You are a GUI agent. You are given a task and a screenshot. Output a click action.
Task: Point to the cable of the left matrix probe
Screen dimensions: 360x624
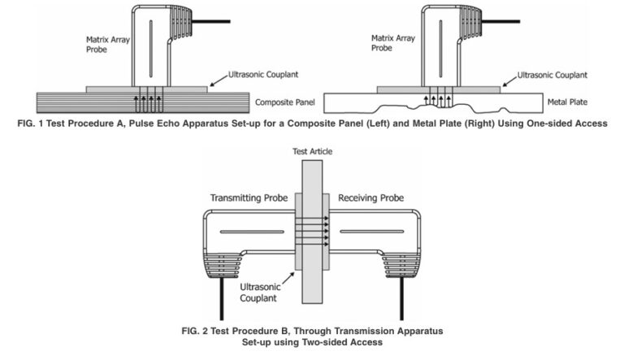212,20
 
